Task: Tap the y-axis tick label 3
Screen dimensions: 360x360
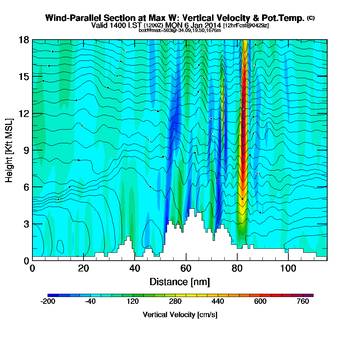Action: pyautogui.click(x=26, y=224)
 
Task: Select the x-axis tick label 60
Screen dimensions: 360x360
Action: pyautogui.click(x=186, y=269)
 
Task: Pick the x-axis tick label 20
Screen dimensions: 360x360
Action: pyautogui.click(x=84, y=269)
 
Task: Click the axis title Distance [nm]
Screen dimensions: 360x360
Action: pyautogui.click(x=180, y=282)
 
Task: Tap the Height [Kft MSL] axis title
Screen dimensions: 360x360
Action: pyautogui.click(x=9, y=150)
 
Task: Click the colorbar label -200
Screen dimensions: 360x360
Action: pyautogui.click(x=48, y=302)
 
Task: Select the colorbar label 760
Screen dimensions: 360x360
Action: pyautogui.click(x=303, y=302)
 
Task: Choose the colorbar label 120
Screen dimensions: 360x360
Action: pyautogui.click(x=133, y=302)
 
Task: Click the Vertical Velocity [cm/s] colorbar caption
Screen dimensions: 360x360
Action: pyautogui.click(x=180, y=315)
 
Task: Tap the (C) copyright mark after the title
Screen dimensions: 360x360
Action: pyautogui.click(x=311, y=18)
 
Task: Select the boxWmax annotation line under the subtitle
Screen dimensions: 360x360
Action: pyautogui.click(x=180, y=30)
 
